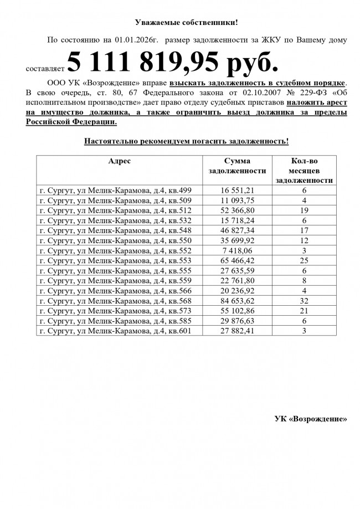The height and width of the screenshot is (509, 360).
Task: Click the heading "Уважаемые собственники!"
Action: pos(186,22)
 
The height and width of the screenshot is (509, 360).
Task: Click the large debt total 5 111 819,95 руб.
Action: pos(172,61)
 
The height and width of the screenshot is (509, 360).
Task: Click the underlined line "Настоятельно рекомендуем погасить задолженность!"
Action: pos(186,141)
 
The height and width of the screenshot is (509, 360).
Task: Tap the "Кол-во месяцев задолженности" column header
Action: pos(304,170)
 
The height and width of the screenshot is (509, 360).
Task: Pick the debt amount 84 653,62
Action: pos(237,301)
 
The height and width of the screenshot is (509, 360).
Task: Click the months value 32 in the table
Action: pos(304,301)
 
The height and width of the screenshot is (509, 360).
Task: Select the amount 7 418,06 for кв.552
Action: pos(237,250)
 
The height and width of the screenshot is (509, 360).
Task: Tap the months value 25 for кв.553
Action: pos(304,260)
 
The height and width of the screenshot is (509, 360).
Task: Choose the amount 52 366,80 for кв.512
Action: pos(237,210)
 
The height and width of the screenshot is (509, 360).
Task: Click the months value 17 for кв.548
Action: pos(304,230)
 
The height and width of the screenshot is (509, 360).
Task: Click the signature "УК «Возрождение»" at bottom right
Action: pos(311,418)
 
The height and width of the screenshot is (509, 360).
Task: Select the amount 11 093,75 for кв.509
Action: pos(237,200)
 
